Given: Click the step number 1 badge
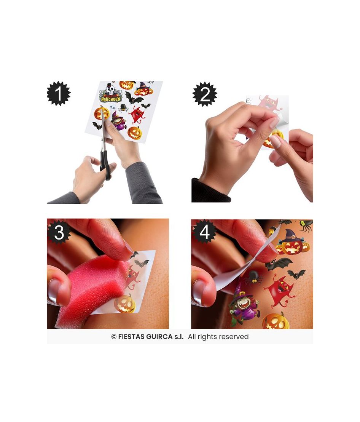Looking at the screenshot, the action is (x=59, y=93).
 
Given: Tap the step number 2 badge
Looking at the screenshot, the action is (x=205, y=94).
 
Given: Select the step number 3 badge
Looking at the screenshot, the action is (x=59, y=232).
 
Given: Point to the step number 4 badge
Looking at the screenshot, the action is (x=204, y=232).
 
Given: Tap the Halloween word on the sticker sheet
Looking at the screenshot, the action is (x=111, y=99).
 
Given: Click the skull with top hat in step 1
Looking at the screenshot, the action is (x=110, y=89).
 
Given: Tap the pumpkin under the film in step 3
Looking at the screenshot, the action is (x=125, y=303).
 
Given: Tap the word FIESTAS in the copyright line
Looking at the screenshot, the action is (x=131, y=337).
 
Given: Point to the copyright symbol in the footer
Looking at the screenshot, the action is (x=114, y=337).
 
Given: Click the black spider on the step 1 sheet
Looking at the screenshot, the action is (x=123, y=108).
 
